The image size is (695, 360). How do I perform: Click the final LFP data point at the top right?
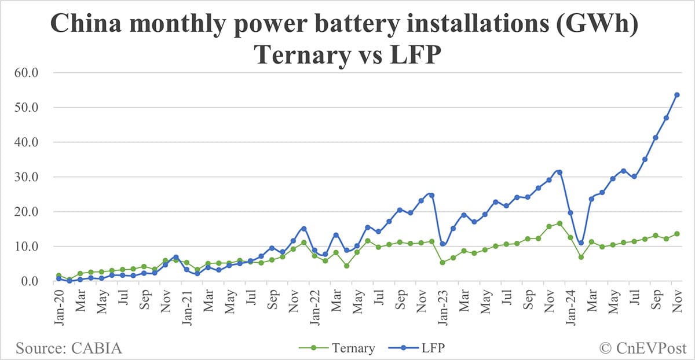(676, 95)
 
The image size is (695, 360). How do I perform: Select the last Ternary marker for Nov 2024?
(676, 234)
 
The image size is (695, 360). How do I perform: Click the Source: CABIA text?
(69, 348)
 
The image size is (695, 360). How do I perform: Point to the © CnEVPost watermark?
(642, 348)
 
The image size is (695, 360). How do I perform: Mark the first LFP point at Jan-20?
(58, 278)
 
